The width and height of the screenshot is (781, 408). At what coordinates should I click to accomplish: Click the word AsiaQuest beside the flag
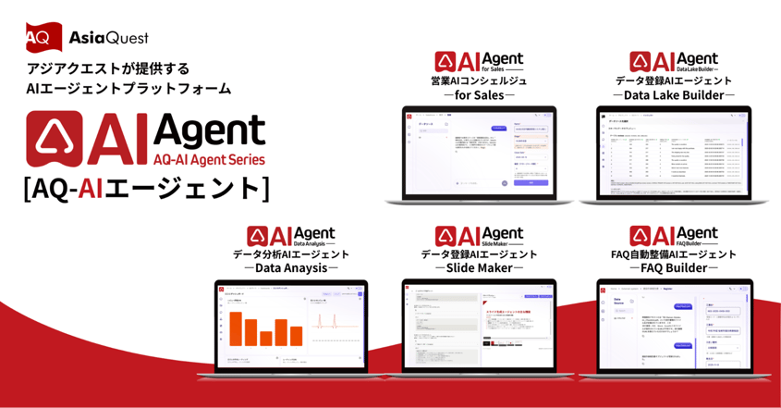coord(109,38)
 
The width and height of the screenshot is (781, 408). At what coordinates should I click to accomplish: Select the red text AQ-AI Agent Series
coord(209,159)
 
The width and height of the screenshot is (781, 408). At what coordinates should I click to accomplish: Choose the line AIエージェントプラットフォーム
coord(129,90)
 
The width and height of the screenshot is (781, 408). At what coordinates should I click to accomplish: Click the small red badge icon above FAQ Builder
coord(639,235)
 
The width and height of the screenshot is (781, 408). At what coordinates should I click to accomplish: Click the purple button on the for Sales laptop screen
coord(531,183)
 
